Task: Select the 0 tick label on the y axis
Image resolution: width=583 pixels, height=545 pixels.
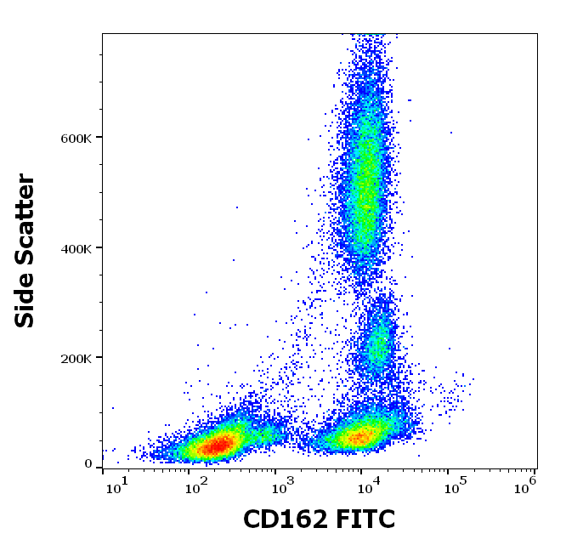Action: coord(88,464)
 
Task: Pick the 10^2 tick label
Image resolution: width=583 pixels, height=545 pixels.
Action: coord(197,485)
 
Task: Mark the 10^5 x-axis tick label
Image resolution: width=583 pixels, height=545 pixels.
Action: coord(453,485)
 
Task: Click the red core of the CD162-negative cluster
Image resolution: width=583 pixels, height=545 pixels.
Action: coord(219,444)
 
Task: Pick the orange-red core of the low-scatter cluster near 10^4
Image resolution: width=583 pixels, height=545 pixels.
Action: coord(360,438)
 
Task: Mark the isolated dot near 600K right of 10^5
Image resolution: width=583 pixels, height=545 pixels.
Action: coord(451,133)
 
